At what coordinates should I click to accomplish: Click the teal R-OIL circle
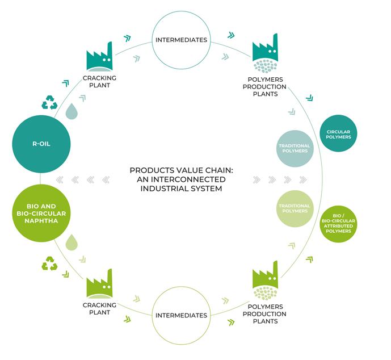[40, 144]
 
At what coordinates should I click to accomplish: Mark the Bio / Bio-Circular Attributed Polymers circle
[338, 223]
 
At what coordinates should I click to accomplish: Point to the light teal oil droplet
[72, 112]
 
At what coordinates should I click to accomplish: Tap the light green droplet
[72, 242]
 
